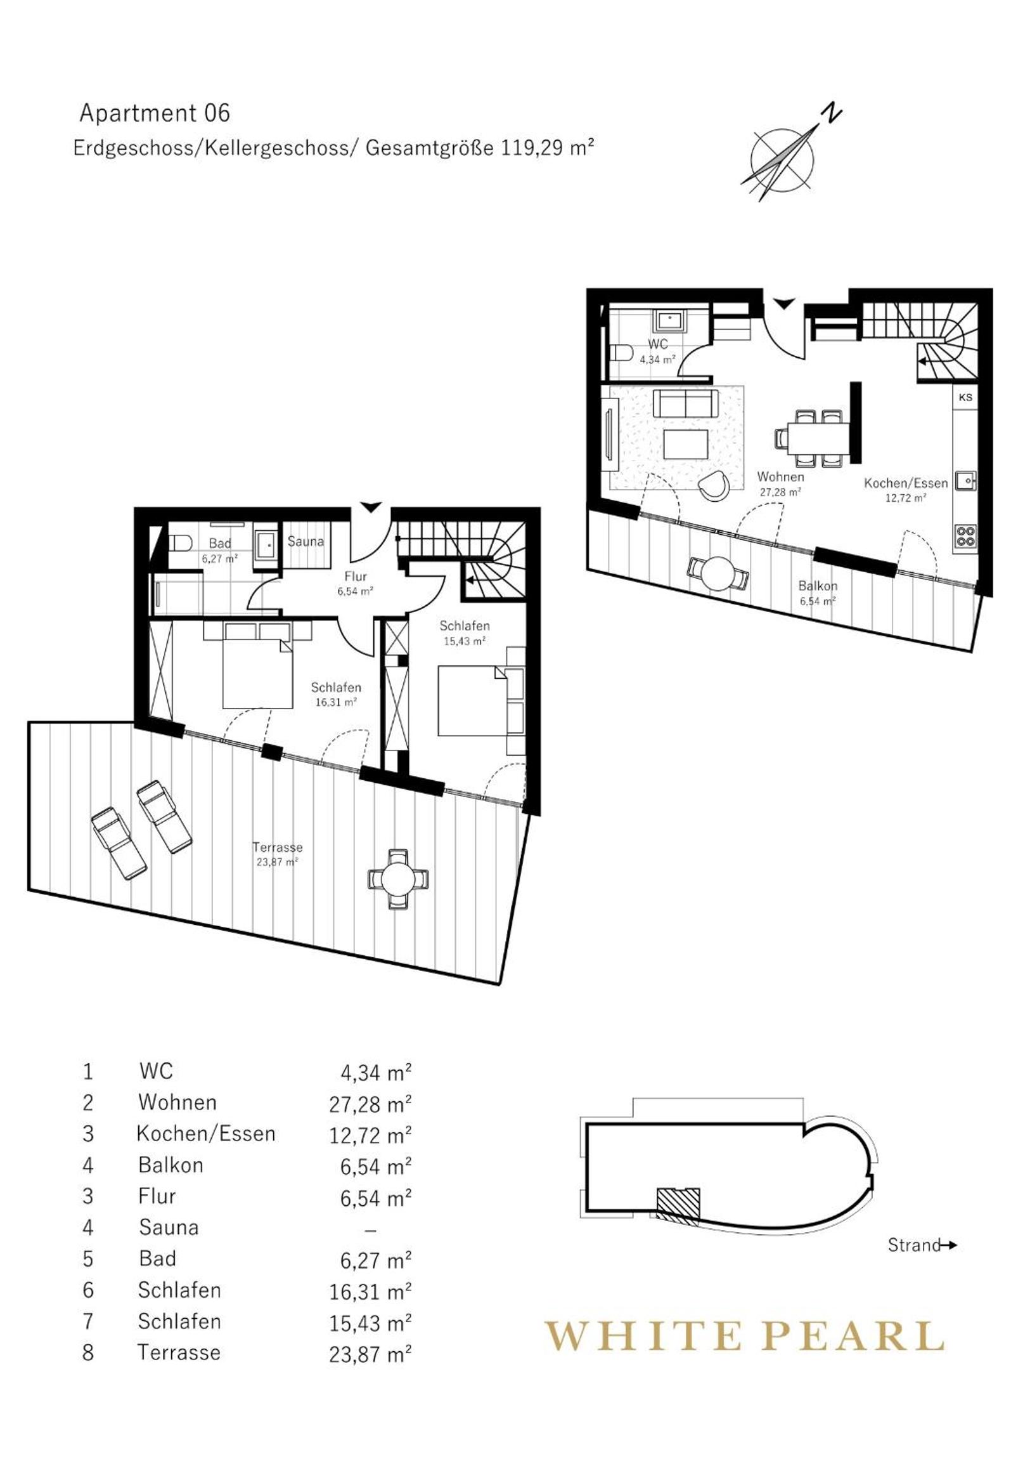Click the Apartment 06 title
click(x=154, y=113)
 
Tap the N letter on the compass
click(x=831, y=114)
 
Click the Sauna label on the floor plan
click(x=306, y=541)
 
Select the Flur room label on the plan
click(x=356, y=577)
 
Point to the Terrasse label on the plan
click(x=278, y=847)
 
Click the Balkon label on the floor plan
click(x=818, y=586)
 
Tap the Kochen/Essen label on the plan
click(x=906, y=483)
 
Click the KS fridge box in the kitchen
click(x=965, y=398)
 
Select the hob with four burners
click(x=965, y=535)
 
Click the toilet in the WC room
click(x=619, y=353)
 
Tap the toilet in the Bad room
click(x=180, y=542)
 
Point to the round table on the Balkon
click(x=718, y=574)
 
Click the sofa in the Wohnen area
click(x=686, y=403)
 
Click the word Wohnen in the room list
click(x=177, y=1102)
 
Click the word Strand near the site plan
click(x=913, y=1245)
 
